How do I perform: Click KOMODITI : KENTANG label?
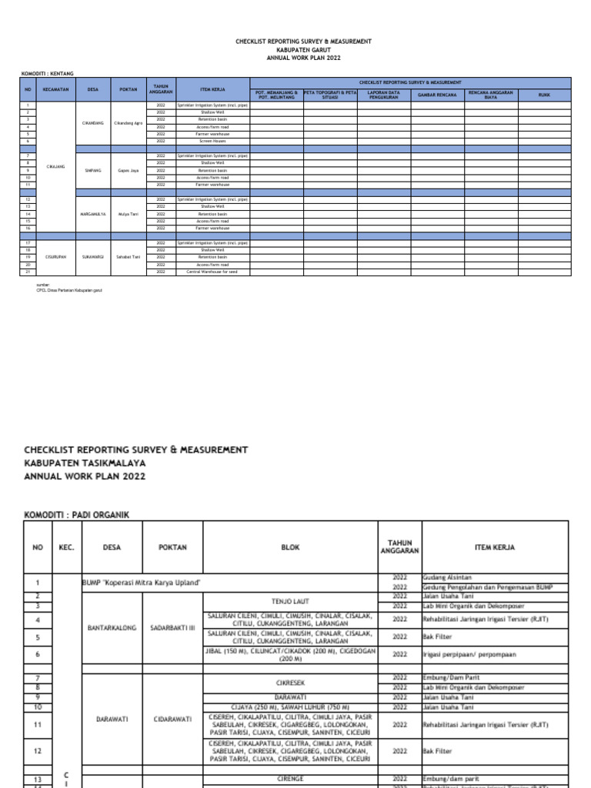coord(47,73)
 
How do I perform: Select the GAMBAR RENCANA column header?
coord(437,95)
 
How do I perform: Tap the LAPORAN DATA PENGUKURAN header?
coord(383,95)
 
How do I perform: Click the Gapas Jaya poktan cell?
coord(128,171)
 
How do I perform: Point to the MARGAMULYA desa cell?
coord(93,214)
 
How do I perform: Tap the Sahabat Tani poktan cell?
coord(128,257)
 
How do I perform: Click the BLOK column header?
coord(290,547)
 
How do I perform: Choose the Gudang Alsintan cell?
coord(446,576)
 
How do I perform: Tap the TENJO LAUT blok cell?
coord(289,601)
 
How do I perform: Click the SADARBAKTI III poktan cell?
coord(172,627)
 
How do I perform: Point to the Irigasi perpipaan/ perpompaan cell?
coord(469,654)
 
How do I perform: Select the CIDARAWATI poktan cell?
coord(172,720)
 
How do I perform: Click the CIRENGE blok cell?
coord(289,778)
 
